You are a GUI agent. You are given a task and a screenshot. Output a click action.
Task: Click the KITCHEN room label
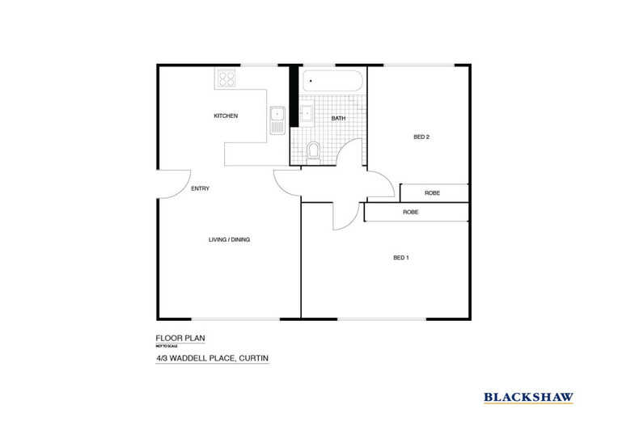click(226, 116)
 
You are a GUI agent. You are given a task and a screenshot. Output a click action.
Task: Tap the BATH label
click(339, 119)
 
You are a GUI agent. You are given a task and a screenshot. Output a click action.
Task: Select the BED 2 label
click(421, 137)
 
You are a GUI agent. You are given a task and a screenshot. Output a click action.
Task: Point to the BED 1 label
click(400, 258)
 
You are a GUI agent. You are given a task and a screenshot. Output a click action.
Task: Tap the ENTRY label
click(200, 188)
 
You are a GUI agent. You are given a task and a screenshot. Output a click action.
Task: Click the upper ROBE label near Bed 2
click(431, 193)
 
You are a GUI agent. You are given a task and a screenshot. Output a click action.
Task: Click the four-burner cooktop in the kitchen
click(226, 79)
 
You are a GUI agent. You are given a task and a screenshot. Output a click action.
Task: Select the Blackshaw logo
click(529, 396)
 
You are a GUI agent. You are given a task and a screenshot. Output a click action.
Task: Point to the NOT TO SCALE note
click(165, 347)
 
